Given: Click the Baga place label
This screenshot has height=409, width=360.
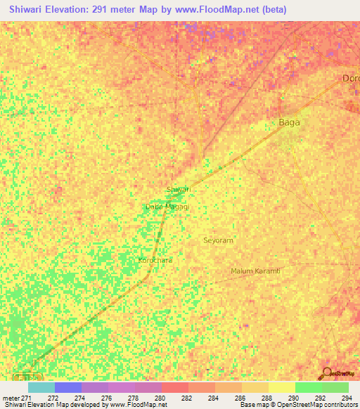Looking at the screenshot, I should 290,122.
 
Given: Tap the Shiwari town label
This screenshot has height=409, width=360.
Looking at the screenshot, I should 178,190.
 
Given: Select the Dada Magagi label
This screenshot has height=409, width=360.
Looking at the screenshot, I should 167,207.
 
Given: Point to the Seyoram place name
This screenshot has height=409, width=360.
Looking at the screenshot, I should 218,240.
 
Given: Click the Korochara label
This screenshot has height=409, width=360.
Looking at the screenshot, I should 155,260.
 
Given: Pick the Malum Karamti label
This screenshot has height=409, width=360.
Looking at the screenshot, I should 255,271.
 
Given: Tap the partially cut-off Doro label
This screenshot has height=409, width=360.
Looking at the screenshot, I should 350,78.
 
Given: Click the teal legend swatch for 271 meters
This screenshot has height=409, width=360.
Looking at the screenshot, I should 41,387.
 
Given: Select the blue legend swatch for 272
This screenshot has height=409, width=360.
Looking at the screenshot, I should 68,387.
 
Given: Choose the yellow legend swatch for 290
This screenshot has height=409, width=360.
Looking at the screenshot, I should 282,387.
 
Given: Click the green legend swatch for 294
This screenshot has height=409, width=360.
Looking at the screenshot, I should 335,387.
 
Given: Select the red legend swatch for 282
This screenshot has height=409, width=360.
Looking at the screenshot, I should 175,387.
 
